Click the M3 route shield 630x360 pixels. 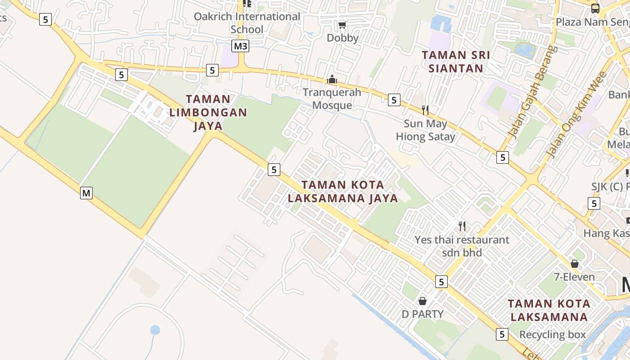[x=241, y=46]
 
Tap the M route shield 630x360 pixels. [x=86, y=193]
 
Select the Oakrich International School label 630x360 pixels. [x=247, y=23]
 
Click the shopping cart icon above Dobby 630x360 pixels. [x=342, y=25]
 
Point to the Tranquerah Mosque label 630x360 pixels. [x=332, y=99]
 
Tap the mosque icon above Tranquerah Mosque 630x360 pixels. [x=332, y=80]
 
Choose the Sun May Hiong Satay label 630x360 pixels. [x=426, y=130]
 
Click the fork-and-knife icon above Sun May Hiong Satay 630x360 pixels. [x=425, y=110]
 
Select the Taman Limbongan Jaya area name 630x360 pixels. [x=208, y=112]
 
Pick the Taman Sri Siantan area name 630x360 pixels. [x=456, y=62]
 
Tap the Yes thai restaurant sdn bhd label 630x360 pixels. [x=462, y=246]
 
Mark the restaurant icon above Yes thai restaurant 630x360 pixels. [x=462, y=226]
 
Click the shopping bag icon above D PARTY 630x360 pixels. [x=423, y=301]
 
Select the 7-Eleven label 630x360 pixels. [x=574, y=277]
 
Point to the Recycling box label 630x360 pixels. [x=553, y=335]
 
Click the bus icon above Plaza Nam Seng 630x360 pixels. [x=595, y=8]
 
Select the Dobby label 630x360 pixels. [x=342, y=38]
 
